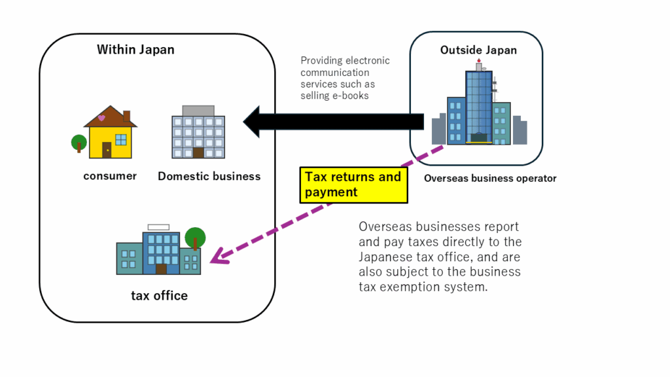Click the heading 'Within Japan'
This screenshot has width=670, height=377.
[x=135, y=50]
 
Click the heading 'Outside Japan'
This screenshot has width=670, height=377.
[x=478, y=50]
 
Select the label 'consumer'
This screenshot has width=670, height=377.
[x=110, y=175]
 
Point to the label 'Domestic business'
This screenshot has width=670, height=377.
[x=209, y=176]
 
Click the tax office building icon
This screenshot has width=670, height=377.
[x=158, y=252]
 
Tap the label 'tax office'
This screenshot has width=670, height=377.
[x=159, y=295]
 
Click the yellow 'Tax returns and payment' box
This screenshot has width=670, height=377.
[x=353, y=184]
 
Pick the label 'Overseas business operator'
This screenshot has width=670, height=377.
[x=490, y=178]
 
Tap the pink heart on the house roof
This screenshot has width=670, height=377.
[x=101, y=118]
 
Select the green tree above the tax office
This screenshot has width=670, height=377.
[x=195, y=237]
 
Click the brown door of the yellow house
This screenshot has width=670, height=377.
[x=107, y=150]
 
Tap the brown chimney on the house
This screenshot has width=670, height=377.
[x=126, y=117]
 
